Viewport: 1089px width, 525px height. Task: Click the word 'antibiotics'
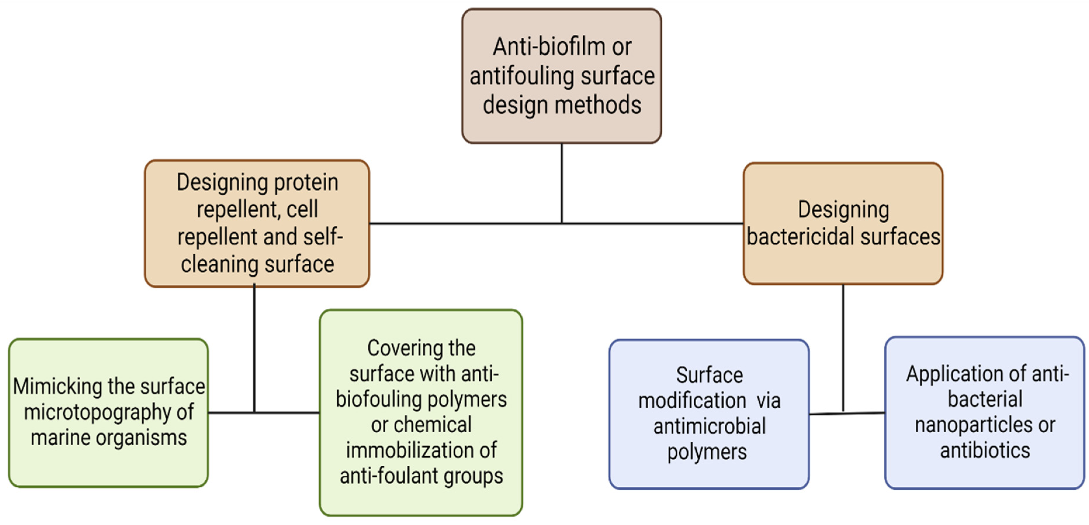985,450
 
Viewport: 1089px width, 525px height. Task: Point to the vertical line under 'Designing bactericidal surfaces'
843,347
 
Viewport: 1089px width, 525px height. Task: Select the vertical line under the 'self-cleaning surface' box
254,347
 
